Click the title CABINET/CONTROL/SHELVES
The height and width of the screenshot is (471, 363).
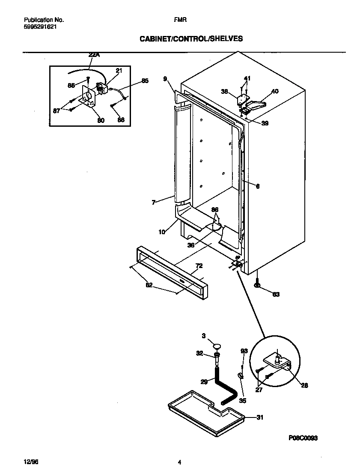191,39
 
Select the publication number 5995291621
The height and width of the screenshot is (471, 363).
39,26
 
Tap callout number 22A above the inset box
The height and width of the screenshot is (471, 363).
94,55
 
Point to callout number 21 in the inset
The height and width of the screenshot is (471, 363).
119,71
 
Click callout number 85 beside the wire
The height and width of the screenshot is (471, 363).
145,80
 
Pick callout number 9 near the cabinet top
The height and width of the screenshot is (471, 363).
165,78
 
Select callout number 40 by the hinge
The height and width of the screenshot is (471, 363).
275,91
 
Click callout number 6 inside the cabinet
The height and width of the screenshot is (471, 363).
258,186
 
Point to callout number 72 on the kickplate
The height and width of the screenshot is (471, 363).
199,266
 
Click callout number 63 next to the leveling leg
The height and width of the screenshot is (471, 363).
276,295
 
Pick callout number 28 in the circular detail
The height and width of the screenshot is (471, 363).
304,385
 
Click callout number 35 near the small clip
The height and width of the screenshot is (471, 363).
242,401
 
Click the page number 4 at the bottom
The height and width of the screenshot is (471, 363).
180,462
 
